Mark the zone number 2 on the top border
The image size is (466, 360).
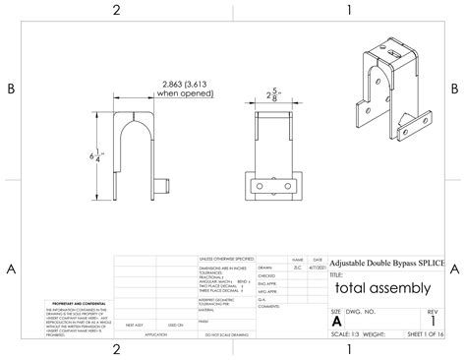116,10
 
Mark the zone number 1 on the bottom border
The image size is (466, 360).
349,349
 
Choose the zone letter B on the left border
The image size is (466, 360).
11,89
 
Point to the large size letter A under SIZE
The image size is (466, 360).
337,321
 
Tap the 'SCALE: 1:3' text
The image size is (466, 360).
346,334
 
